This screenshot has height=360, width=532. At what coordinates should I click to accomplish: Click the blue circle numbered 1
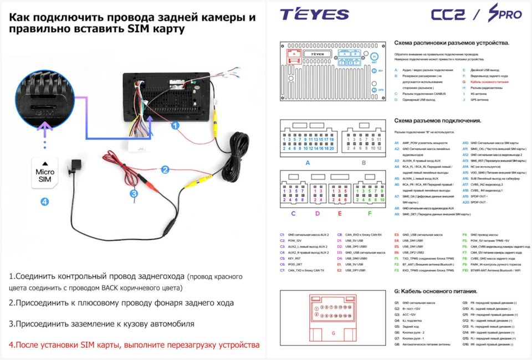pos(175,126)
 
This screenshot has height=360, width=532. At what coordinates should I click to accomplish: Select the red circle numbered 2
pos(164,170)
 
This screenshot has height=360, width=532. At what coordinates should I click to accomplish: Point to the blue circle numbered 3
pos(134,193)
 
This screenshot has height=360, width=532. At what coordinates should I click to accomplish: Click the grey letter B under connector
pos(364,163)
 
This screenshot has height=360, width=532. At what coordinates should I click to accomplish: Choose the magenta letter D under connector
pos(317,212)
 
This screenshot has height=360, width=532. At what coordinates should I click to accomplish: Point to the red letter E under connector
pos(340,212)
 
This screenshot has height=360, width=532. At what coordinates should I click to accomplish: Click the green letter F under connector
pos(370,212)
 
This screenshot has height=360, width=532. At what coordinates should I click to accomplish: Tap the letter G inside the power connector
pos(333,333)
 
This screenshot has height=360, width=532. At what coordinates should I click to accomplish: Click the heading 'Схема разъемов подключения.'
pos(437,120)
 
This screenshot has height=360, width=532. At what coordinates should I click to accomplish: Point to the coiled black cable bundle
pos(236,155)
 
